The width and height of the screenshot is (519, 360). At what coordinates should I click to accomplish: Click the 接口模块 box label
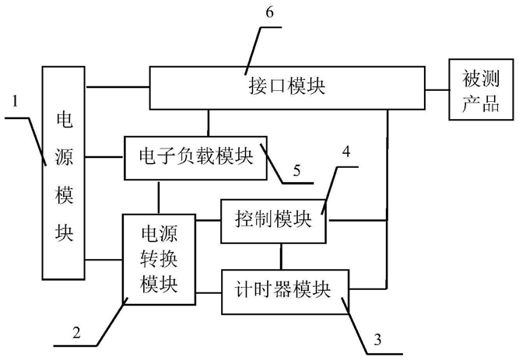[287, 86]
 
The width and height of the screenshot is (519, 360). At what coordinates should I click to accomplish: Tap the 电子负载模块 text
[196, 156]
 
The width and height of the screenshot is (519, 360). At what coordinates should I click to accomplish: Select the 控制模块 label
[273, 218]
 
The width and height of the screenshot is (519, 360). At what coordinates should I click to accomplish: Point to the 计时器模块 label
[282, 290]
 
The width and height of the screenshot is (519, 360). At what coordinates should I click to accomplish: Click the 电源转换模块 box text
[159, 260]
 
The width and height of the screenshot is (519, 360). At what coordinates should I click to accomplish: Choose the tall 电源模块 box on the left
[64, 173]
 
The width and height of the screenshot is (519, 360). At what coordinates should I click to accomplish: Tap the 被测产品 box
[481, 89]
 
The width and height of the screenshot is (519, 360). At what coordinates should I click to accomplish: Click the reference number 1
[15, 101]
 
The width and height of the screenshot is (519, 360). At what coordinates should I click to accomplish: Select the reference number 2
[76, 332]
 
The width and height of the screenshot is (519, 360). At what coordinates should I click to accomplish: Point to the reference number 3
[377, 340]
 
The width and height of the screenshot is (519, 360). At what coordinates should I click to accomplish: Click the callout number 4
[346, 152]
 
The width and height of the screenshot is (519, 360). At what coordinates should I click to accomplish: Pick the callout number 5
[296, 170]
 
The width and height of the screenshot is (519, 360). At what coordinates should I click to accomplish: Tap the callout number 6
[270, 12]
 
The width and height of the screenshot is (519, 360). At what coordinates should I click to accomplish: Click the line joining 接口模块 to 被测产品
[437, 89]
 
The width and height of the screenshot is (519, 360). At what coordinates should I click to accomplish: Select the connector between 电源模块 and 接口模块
[117, 87]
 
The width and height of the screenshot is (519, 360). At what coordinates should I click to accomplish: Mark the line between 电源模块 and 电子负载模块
[104, 157]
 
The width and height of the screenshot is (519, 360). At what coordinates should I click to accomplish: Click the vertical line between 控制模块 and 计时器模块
[282, 257]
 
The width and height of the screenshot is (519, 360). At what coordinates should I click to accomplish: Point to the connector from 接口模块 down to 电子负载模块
[209, 123]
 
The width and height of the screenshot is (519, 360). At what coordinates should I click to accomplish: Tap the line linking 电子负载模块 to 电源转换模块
[159, 197]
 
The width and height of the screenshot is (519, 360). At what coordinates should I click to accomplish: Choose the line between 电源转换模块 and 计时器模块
[209, 292]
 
